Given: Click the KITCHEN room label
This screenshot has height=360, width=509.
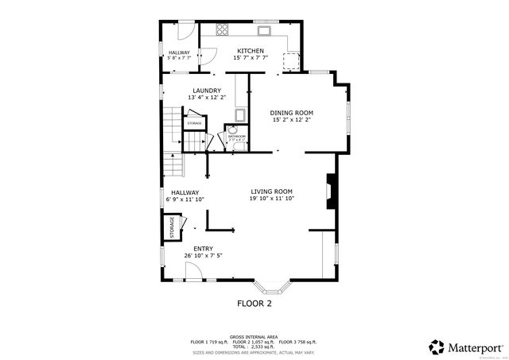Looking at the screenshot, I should tap(249, 51).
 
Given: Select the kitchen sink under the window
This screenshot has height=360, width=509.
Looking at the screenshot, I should tap(265, 32).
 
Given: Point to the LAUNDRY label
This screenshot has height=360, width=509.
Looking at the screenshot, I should tap(207, 91).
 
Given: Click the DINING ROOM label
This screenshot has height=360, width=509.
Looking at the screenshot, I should tap(291, 113).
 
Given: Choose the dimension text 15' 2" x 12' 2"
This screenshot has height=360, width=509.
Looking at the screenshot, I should tap(291, 121).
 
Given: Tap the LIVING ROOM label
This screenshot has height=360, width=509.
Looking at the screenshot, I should tap(272, 192).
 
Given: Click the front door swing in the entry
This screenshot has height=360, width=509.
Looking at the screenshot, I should tap(193, 272).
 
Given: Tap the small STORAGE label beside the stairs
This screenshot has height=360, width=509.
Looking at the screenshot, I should tap(194, 124).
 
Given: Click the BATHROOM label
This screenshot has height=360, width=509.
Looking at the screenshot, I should tap(236, 136).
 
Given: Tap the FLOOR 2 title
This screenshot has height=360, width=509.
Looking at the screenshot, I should tap(254, 304).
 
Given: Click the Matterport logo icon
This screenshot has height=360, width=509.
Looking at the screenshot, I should tap(437, 346).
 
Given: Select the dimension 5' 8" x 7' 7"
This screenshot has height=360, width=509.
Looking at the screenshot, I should tap(178, 58).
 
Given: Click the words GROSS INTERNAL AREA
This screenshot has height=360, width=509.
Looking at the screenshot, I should tap(254, 336).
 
